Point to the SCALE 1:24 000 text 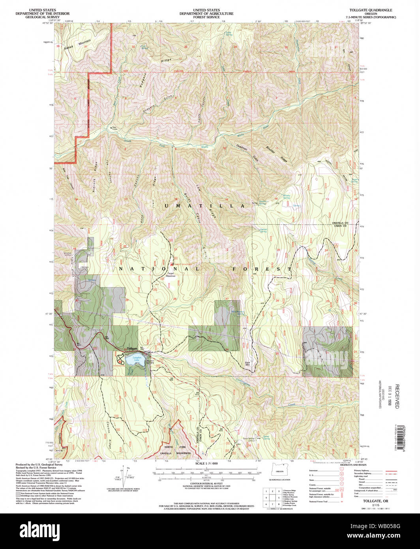[206, 463]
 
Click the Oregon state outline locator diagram [279, 471]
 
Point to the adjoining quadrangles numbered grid [272, 498]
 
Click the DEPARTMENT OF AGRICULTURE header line [206, 13]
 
